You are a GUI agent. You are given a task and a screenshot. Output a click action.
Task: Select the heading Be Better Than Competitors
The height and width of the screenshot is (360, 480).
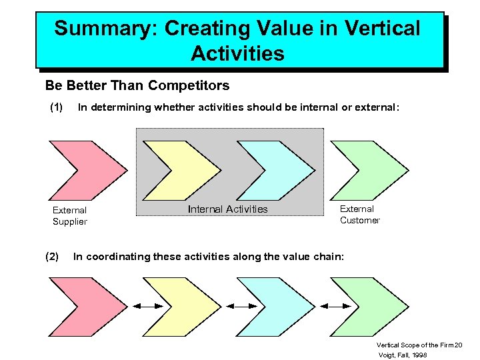[137, 85]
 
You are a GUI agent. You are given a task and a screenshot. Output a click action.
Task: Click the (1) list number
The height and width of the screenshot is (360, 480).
[57, 107]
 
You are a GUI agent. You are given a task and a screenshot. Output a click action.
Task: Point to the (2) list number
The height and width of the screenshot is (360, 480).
[51, 256]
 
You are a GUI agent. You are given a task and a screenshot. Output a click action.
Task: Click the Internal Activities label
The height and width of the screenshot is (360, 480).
[227, 209]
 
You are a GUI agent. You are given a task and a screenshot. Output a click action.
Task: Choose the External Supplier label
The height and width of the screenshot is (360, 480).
[70, 216]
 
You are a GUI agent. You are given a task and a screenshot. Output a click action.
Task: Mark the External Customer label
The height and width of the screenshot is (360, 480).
[359, 215]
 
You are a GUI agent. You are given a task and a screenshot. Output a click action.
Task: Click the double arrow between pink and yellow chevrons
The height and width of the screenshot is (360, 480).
[147, 306]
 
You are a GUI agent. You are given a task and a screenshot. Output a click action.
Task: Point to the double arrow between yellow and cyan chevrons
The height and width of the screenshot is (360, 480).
[240, 306]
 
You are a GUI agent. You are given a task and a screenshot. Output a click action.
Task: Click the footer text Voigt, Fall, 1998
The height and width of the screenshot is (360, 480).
[403, 355]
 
